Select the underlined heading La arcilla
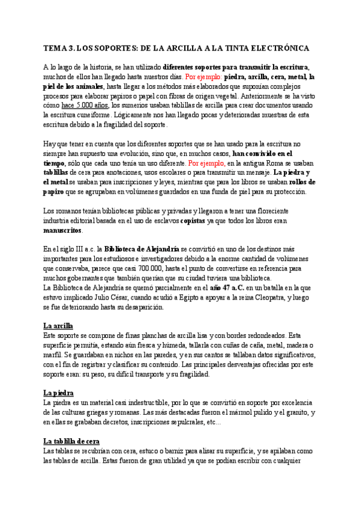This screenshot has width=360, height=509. (x=58, y=325)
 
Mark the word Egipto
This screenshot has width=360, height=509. (x=187, y=298)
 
